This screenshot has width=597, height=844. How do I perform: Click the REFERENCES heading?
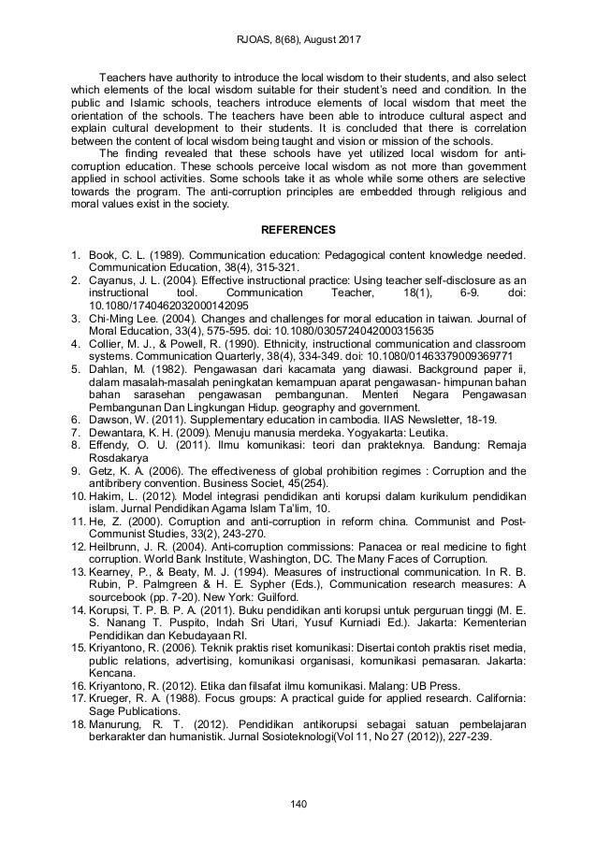(x=298, y=226)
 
